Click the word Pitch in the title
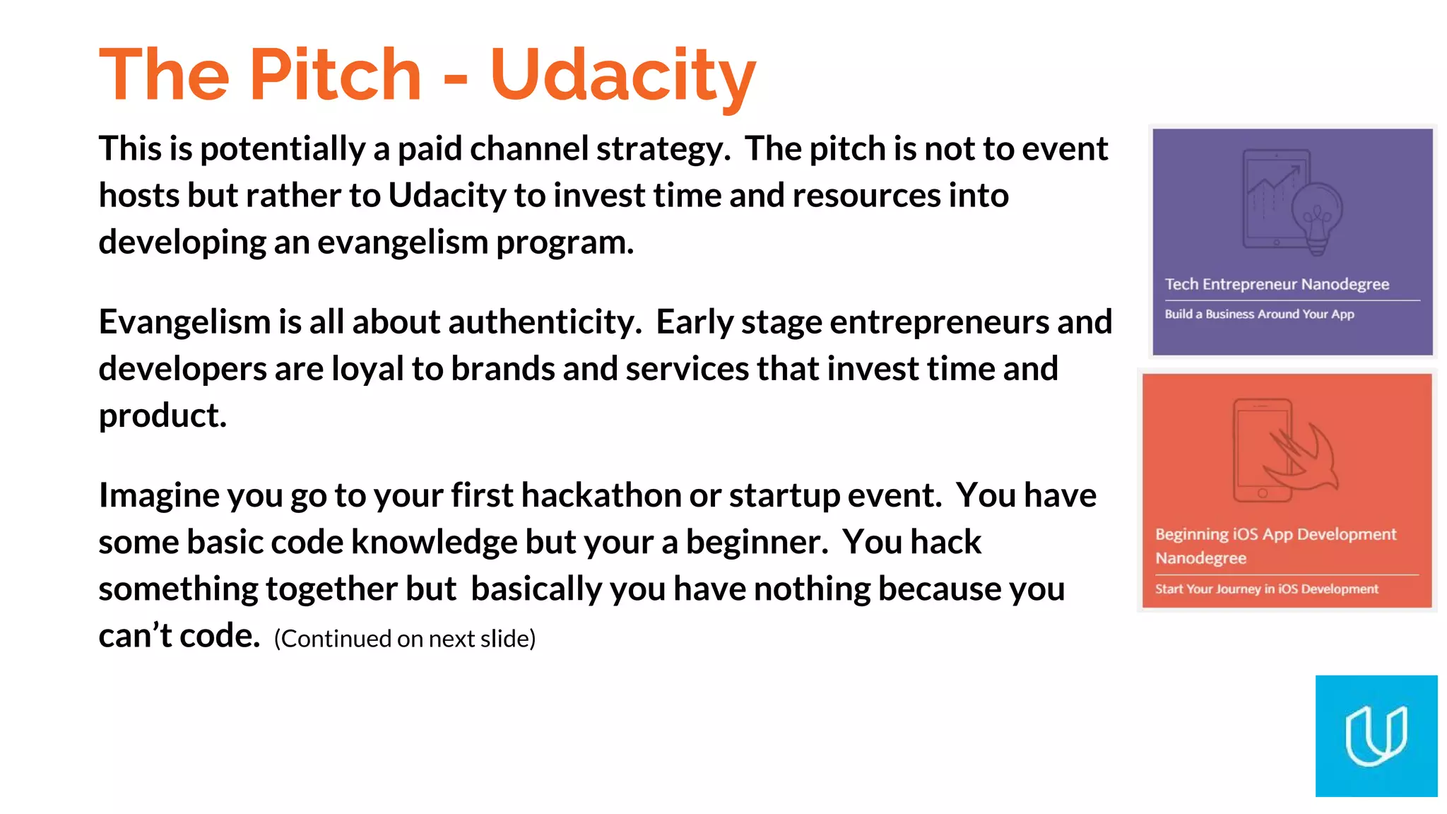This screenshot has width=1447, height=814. coord(336,74)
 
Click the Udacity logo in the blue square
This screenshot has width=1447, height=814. coord(1376,736)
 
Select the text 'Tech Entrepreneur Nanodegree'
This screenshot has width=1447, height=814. coord(1277,284)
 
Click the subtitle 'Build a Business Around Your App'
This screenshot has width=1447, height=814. coord(1259,314)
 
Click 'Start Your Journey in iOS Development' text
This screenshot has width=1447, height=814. coord(1266,589)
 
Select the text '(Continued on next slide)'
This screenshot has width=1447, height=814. coord(405,639)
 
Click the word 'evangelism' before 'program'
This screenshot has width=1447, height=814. coord(402,242)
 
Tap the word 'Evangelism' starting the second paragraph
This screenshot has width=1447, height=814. coord(184,322)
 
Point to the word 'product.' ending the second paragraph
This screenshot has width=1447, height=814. coord(163,415)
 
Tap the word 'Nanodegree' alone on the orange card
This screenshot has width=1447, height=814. coord(1200,558)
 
